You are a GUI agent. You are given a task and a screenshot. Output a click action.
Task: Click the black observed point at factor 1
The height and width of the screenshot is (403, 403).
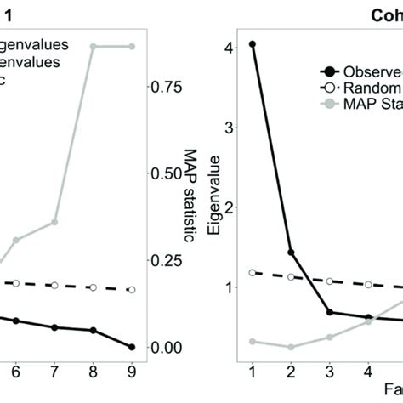252,43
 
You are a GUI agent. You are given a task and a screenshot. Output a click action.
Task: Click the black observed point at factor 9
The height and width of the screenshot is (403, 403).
131,347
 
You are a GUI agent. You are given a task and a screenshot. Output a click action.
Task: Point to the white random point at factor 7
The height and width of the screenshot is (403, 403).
55,286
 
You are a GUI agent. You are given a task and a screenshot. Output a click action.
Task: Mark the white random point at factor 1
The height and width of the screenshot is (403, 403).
252,272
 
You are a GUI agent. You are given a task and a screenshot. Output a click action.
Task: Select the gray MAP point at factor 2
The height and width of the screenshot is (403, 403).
290,347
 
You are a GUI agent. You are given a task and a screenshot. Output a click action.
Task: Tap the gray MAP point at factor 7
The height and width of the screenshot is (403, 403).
55,222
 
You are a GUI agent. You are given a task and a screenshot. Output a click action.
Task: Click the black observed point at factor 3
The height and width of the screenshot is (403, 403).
329,313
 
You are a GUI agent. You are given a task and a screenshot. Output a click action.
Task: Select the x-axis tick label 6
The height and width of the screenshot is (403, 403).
17,372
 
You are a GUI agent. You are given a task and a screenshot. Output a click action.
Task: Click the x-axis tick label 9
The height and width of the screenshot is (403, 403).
131,372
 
